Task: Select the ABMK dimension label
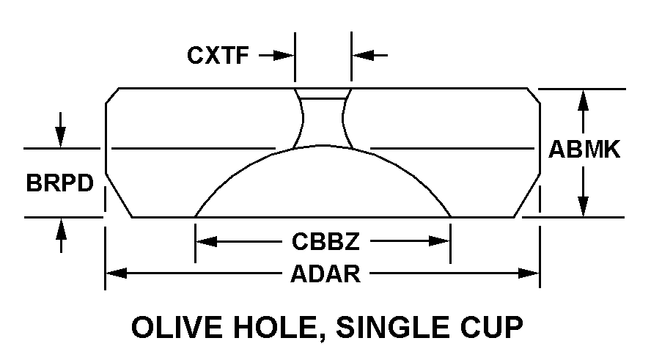pyautogui.click(x=584, y=150)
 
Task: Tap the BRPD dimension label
pyautogui.click(x=61, y=183)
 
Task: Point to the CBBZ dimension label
pyautogui.click(x=321, y=240)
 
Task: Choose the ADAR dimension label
pyautogui.click(x=325, y=274)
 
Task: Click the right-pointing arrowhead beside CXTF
pyautogui.click(x=287, y=55)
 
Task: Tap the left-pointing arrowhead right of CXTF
pyautogui.click(x=360, y=55)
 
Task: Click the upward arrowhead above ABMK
pyautogui.click(x=584, y=98)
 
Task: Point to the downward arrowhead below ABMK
pyautogui.click(x=584, y=207)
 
